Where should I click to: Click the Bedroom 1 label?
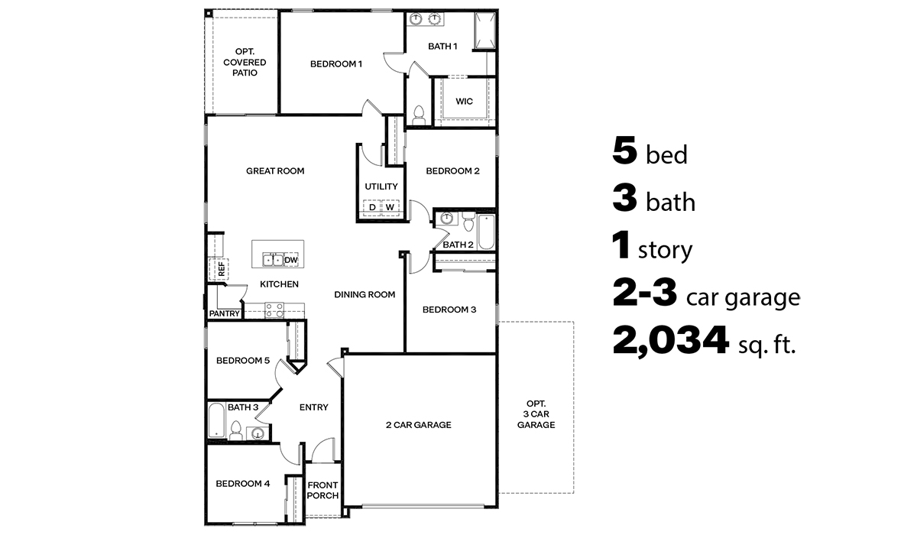(335, 64)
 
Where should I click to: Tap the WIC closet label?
(464, 101)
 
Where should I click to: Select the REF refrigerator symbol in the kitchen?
(220, 268)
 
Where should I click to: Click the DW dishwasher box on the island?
(290, 261)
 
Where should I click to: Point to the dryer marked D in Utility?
(372, 207)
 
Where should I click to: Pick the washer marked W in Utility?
(390, 207)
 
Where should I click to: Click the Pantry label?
(224, 313)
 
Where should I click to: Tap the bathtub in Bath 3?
(215, 421)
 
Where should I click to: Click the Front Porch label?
(322, 490)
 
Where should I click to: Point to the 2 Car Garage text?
(418, 425)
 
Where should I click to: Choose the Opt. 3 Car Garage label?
(536, 414)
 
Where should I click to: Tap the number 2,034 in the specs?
(669, 342)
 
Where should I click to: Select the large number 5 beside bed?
(624, 151)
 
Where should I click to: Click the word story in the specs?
(665, 250)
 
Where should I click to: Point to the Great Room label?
(275, 171)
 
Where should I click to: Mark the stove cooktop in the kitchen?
(274, 310)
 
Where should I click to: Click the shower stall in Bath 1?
(484, 31)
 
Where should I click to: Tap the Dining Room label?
(365, 294)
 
